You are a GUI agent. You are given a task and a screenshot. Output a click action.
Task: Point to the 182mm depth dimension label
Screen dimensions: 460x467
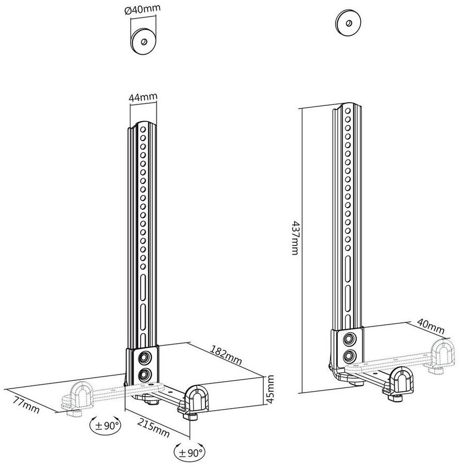226,355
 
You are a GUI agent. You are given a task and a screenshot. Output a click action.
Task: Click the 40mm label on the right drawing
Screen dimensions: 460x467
430,328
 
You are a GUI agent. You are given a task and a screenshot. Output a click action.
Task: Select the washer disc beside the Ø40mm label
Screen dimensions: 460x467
143,41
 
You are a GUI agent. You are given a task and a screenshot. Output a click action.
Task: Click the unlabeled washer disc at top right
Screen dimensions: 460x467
347,23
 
